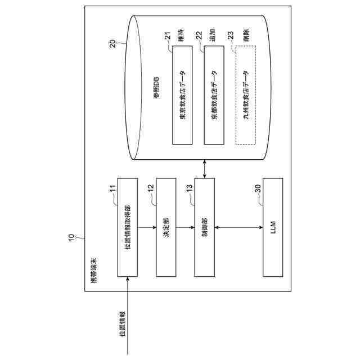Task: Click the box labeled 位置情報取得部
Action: pyautogui.click(x=127, y=227)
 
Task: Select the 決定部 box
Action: pyautogui.click(x=165, y=227)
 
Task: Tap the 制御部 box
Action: pyautogui.click(x=205, y=227)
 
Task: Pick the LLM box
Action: pyautogui.click(x=273, y=227)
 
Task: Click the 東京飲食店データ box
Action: pyautogui.click(x=182, y=95)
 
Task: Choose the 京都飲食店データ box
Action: pyautogui.click(x=214, y=95)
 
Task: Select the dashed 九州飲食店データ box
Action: pyautogui.click(x=246, y=95)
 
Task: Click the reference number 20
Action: pyautogui.click(x=112, y=43)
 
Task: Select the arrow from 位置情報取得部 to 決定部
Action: pyautogui.click(x=146, y=227)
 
